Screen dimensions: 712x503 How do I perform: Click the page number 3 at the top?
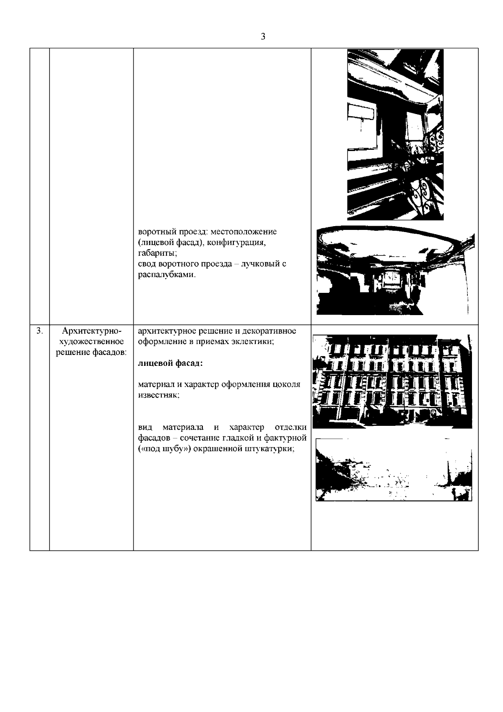pyautogui.click(x=263, y=37)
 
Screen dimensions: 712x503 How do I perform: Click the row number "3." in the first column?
pyautogui.click(x=39, y=331)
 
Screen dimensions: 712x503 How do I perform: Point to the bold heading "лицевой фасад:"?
pyautogui.click(x=170, y=363)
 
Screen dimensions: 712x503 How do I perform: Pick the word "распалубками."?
pyautogui.click(x=167, y=275)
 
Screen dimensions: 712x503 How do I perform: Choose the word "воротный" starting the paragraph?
pyautogui.click(x=156, y=232)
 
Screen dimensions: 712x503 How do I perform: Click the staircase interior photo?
pyautogui.click(x=395, y=134)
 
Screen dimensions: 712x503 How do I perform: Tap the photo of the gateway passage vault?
pyautogui.click(x=396, y=271)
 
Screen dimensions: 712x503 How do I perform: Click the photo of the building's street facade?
pyautogui.click(x=393, y=381)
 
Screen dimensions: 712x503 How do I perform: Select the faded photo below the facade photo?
pyautogui.click(x=394, y=469)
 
